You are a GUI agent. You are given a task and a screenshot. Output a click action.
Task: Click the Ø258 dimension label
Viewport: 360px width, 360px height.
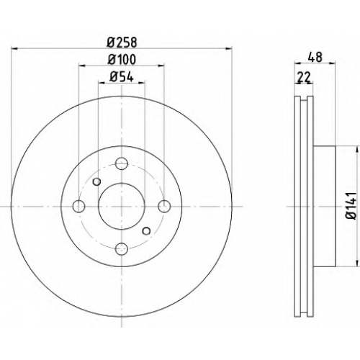(122, 42)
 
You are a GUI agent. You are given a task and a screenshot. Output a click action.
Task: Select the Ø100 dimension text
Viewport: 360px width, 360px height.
(122, 59)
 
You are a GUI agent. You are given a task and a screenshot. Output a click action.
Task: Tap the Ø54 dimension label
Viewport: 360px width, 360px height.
(122, 77)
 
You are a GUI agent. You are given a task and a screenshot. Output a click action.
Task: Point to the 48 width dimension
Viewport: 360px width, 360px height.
(315, 57)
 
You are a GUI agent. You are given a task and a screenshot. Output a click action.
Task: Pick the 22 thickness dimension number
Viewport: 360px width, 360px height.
(304, 77)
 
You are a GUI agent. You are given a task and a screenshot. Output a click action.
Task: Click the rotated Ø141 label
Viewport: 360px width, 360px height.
(351, 206)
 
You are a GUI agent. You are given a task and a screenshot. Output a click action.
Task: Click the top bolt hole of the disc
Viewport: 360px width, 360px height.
(122, 163)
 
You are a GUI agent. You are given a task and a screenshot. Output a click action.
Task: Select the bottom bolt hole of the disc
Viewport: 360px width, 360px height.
(122, 249)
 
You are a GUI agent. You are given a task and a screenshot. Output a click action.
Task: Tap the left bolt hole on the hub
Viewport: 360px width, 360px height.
(78, 206)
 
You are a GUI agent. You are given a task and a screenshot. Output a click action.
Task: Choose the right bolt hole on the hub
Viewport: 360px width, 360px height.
(164, 206)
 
